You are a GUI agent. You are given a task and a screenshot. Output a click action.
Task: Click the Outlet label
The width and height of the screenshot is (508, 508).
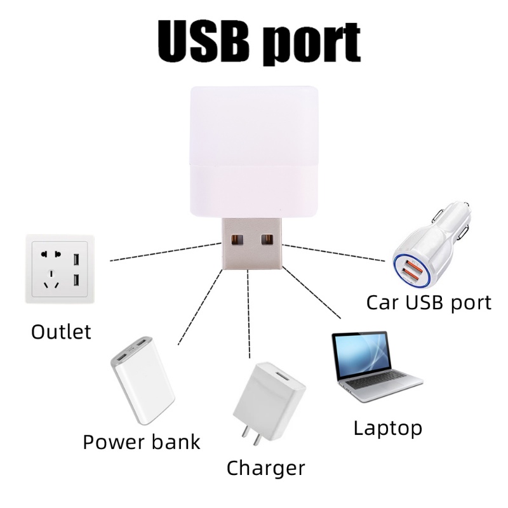pos(61,331)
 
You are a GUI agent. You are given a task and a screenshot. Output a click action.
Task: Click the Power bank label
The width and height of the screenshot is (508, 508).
pos(141,441)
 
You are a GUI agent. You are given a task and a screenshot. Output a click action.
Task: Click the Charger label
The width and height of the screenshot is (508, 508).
pos(265,469)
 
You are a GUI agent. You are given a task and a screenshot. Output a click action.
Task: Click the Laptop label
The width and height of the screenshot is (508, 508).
pos(387,427)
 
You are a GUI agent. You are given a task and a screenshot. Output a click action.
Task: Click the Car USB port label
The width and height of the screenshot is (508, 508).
pos(429,302)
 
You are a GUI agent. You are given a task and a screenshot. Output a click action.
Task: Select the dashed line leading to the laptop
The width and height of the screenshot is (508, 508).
pos(311,292)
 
